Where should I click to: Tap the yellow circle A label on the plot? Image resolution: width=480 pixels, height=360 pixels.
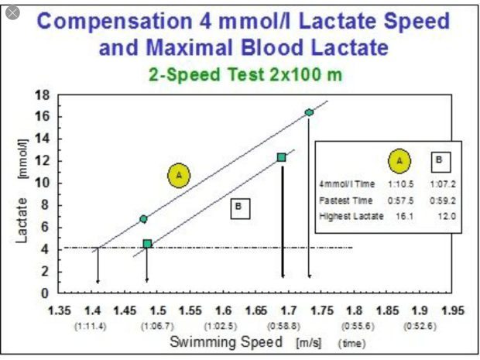(179, 176)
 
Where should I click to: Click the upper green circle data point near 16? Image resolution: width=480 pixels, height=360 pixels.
(309, 113)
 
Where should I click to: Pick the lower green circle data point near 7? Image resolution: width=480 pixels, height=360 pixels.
(143, 219)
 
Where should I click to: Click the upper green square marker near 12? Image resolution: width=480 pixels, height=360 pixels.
(281, 157)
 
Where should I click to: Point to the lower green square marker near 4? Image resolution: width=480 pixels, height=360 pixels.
(147, 244)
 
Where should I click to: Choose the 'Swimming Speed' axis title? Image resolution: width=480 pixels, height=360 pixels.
(220, 341)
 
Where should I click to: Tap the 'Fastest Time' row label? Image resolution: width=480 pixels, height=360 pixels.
(342, 200)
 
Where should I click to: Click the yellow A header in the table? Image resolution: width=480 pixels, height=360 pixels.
(399, 161)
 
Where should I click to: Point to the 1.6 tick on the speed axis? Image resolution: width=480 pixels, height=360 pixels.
(225, 310)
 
